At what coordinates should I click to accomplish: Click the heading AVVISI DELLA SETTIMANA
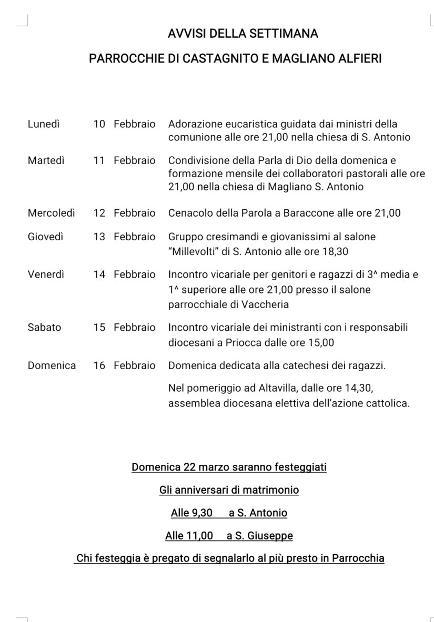point(243,35)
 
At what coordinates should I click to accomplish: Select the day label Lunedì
point(44,124)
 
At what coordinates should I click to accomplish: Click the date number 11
point(99,160)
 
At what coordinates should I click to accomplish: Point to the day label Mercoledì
point(52,213)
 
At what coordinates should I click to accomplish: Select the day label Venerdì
point(47,274)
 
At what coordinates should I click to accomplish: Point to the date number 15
point(99,328)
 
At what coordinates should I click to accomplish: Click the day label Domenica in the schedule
point(52,365)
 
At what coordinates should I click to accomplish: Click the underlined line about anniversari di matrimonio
point(229,490)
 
